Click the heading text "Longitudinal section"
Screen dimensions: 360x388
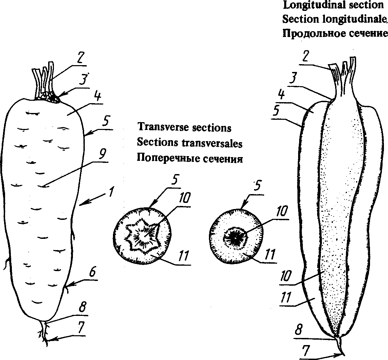click(x=333, y=5)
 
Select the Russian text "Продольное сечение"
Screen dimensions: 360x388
click(x=335, y=34)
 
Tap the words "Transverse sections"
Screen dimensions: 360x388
click(x=184, y=128)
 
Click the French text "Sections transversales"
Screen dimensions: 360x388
click(x=190, y=143)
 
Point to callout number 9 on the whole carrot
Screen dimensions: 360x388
click(x=102, y=156)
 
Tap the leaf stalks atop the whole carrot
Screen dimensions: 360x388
click(x=43, y=80)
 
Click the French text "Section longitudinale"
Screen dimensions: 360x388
click(x=334, y=19)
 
